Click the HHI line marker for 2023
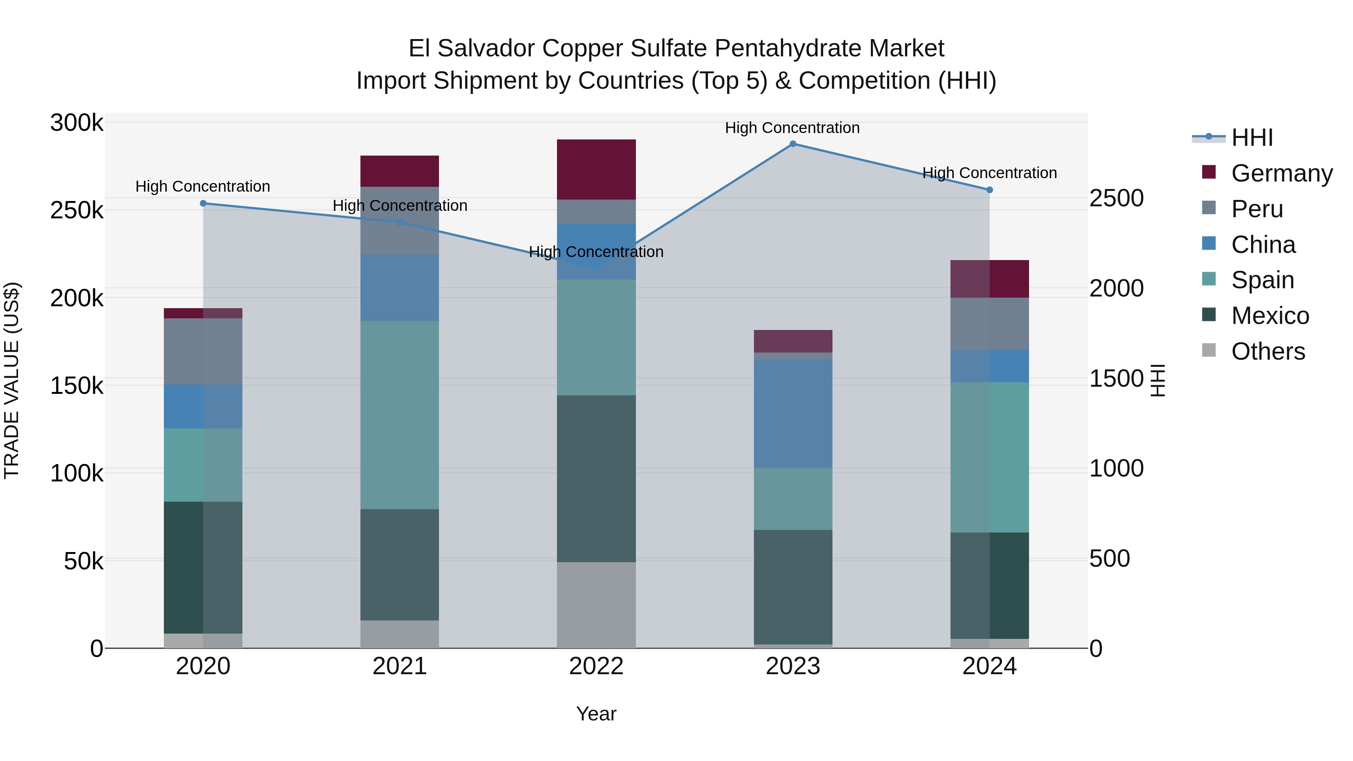793,144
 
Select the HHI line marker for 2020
203,203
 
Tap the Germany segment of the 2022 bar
596,169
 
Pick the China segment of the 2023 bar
793,414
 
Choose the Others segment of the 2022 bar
596,605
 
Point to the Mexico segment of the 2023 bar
793,587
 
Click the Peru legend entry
1256,209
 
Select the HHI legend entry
1252,138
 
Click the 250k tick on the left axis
77,210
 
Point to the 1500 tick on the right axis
1116,379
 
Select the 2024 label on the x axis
989,666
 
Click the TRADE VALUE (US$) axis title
12,380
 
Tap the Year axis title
596,714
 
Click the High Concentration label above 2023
792,128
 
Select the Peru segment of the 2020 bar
203,351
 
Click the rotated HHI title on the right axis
1157,380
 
